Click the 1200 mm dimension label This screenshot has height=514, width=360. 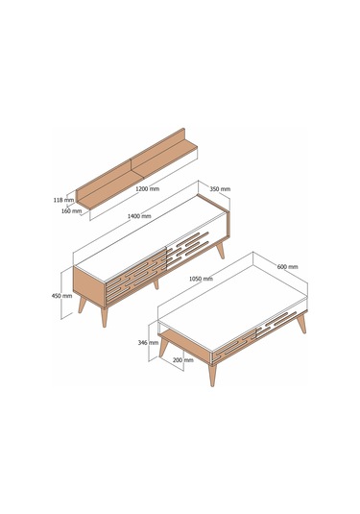tap(148, 189)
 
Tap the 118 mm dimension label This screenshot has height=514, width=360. tap(64, 200)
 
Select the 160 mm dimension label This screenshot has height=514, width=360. tap(71, 211)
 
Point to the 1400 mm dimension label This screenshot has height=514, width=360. tap(139, 216)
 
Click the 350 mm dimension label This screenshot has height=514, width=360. tap(220, 189)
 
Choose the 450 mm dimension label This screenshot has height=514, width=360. tap(61, 296)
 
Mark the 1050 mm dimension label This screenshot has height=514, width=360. tap(201, 279)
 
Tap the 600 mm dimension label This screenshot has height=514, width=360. tap(288, 267)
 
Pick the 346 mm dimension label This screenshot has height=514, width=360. tap(148, 343)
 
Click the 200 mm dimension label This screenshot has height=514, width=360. tap(183, 360)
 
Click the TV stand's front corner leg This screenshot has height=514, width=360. tap(105, 317)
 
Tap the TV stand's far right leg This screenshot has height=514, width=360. tap(220, 250)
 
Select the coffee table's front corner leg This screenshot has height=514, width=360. tap(212, 375)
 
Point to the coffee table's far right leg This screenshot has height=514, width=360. tap(301, 323)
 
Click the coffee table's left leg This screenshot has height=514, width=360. tap(163, 348)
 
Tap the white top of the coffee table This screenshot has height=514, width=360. tap(232, 304)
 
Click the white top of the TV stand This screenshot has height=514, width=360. tap(150, 237)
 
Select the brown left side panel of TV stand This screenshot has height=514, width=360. tap(89, 287)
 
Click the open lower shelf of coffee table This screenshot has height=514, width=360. tap(184, 344)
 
